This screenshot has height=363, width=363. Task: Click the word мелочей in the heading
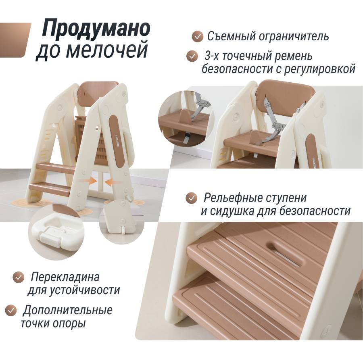107,50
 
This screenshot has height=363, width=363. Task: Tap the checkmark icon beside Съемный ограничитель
198,37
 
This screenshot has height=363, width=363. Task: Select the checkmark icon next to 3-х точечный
192,56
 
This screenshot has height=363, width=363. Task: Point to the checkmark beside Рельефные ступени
192,198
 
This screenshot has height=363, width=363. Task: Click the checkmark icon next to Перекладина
18,277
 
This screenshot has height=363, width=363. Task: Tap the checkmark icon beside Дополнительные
11,310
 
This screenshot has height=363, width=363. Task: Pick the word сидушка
234,211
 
